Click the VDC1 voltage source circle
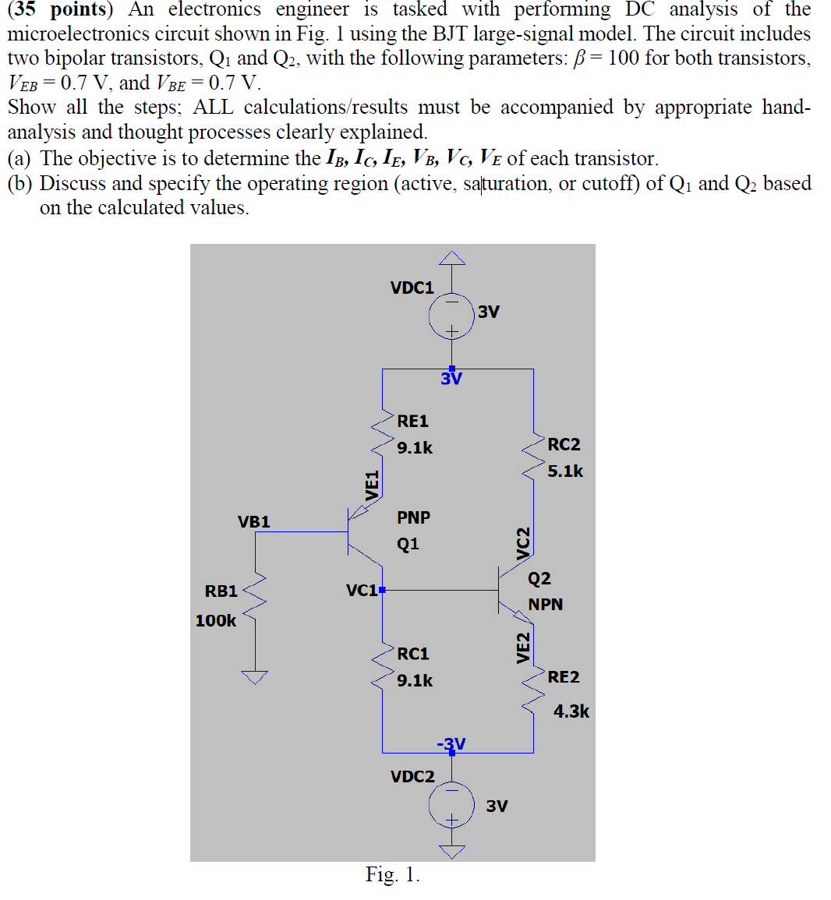click(451, 316)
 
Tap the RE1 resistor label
click(412, 422)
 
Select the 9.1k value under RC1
click(414, 680)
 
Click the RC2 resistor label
click(564, 445)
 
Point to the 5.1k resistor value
click(565, 471)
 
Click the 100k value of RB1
click(216, 621)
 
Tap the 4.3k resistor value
click(571, 711)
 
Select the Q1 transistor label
click(408, 544)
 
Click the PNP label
click(413, 517)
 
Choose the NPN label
click(545, 605)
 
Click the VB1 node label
click(254, 522)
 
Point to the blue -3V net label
click(451, 744)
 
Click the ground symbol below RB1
click(254, 676)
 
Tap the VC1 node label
click(362, 591)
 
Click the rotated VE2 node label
click(523, 647)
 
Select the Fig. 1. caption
click(393, 875)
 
